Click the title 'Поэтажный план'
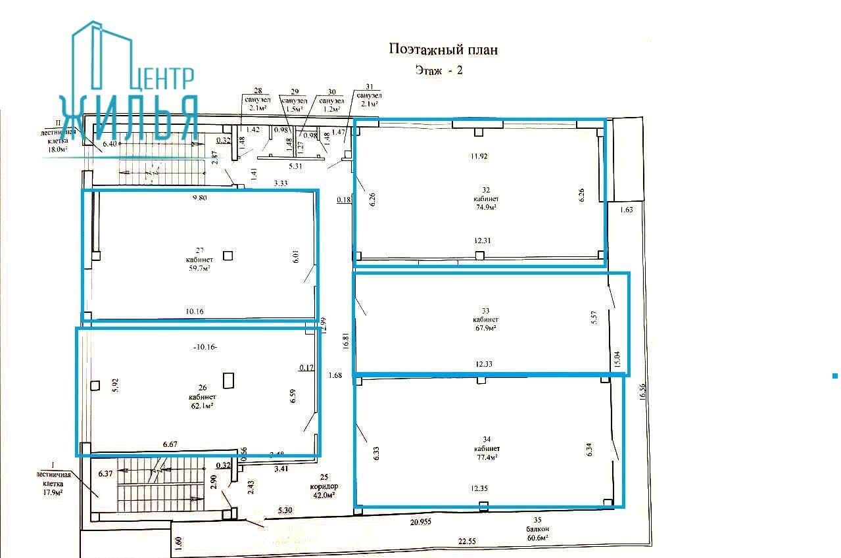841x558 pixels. point(444,49)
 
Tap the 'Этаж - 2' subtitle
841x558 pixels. point(439,70)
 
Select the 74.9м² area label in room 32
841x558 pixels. point(485,206)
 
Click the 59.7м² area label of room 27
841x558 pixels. point(198,268)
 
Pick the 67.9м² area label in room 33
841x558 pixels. point(485,327)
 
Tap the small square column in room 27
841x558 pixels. point(228,256)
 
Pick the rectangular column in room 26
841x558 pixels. point(229,381)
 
